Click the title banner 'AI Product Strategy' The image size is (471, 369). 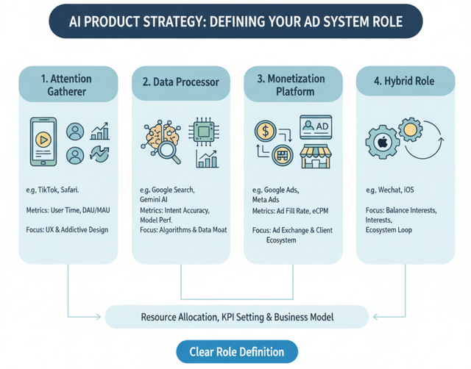click(235, 21)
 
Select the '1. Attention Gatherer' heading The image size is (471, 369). click(68, 84)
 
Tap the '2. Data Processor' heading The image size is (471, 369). click(180, 82)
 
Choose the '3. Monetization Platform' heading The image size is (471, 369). click(292, 84)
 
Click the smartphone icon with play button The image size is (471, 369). click(44, 143)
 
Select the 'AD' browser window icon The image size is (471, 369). click(314, 127)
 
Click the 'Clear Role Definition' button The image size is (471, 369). click(237, 351)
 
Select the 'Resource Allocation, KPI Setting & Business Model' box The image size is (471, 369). click(236, 317)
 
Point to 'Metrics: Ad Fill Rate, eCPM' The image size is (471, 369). click(293, 211)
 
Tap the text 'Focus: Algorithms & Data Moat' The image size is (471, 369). click(184, 230)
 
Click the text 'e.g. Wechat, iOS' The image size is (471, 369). click(389, 190)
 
